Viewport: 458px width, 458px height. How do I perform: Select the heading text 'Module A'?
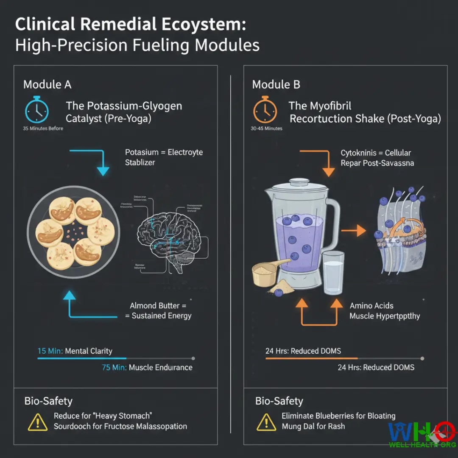point(47,84)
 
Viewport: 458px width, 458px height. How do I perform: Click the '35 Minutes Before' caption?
point(43,128)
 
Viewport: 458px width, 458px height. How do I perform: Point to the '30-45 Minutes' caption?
point(267,128)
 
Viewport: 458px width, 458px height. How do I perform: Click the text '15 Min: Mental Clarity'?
point(75,351)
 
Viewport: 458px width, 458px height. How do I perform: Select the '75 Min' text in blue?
point(114,367)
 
